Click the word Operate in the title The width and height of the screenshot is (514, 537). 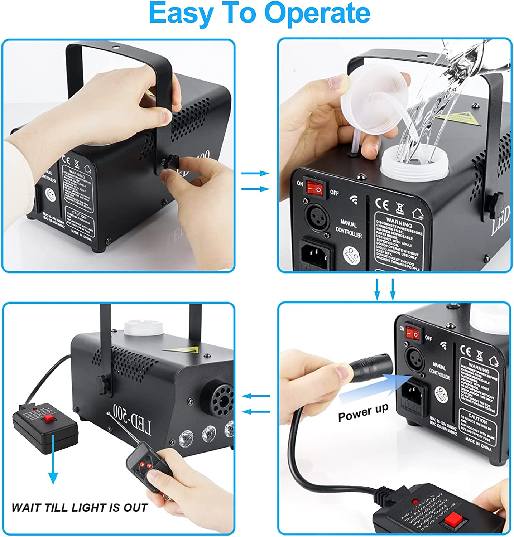(317, 13)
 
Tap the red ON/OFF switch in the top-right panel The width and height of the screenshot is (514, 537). (316, 187)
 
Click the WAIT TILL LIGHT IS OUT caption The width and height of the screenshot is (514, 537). (79, 508)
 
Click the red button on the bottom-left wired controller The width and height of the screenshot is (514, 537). (49, 419)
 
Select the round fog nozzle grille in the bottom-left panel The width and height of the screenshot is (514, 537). (216, 396)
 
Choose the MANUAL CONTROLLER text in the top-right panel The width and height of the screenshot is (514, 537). (348, 229)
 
